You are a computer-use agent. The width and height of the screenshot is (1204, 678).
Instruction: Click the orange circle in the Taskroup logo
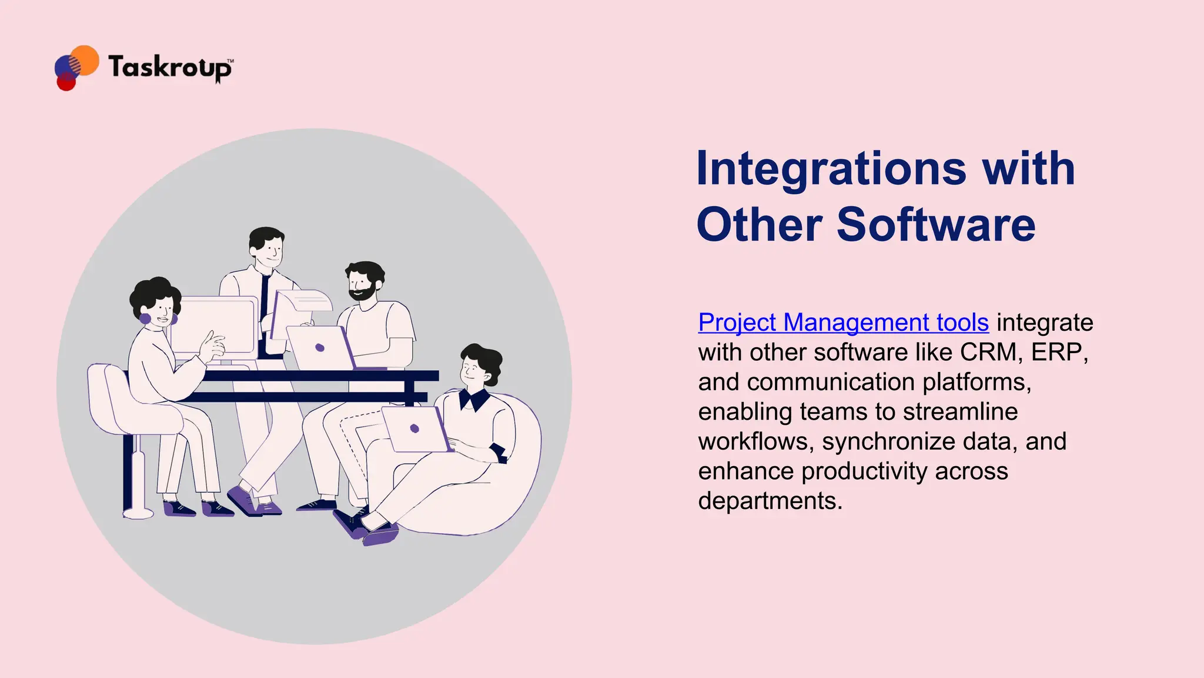pos(85,59)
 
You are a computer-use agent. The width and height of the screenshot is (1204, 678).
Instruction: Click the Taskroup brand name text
pos(170,68)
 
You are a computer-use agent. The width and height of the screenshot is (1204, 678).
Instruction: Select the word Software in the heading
pos(935,225)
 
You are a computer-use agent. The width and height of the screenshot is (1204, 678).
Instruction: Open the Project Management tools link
pos(843,323)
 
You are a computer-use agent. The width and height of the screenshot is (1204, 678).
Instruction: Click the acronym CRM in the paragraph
pos(988,352)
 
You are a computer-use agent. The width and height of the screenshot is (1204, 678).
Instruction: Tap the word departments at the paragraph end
pos(770,501)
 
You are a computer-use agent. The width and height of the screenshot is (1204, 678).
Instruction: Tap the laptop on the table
pos(320,347)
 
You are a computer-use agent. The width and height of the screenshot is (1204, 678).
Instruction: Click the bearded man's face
pos(362,286)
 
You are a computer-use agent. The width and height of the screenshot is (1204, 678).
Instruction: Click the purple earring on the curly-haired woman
pos(145,319)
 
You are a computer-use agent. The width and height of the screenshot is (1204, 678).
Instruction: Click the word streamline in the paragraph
pos(960,411)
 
